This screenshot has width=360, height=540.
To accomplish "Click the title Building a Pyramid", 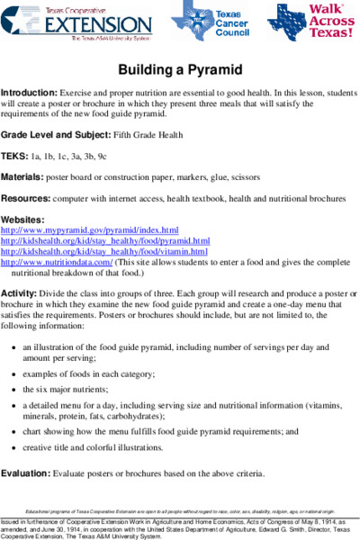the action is point(179,70).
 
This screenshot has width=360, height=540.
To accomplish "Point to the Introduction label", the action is point(29,93).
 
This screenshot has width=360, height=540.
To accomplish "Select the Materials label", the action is point(24,177).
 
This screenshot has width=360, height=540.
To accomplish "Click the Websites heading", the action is point(22,220).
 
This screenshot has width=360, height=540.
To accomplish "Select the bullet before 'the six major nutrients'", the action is point(13,390).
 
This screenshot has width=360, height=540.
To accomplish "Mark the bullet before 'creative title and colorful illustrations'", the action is point(13,447).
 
